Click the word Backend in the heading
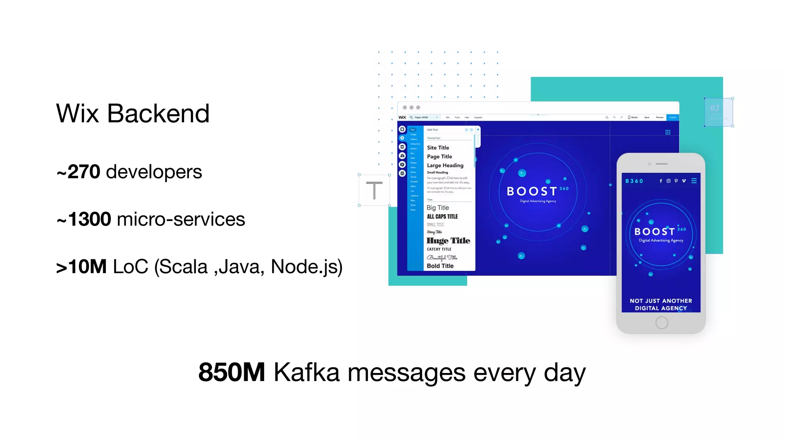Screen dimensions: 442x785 pos(158,114)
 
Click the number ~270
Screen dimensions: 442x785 pos(79,172)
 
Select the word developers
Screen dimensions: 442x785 pos(154,172)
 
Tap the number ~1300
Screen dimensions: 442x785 pos(84,219)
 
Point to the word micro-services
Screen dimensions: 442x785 pos(181,219)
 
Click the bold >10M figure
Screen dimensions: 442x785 pos(81,267)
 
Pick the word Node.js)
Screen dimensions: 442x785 pos(306,267)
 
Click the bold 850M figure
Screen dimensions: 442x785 pos(232,372)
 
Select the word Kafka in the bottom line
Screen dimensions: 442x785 pos(307,372)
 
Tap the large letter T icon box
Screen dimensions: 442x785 pos(374,190)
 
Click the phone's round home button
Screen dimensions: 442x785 pos(662,323)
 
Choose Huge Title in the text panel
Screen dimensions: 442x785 pos(448,241)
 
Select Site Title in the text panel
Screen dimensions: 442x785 pos(438,148)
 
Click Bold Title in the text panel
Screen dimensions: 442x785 pos(440,266)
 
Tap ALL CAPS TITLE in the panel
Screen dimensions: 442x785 pos(442,216)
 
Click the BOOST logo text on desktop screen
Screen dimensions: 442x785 pos(532,191)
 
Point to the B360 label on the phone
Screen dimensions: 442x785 pos(634,181)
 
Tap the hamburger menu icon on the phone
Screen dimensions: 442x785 pos(694,181)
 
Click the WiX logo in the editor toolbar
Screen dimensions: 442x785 pos(402,117)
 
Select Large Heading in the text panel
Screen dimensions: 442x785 pos(445,165)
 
